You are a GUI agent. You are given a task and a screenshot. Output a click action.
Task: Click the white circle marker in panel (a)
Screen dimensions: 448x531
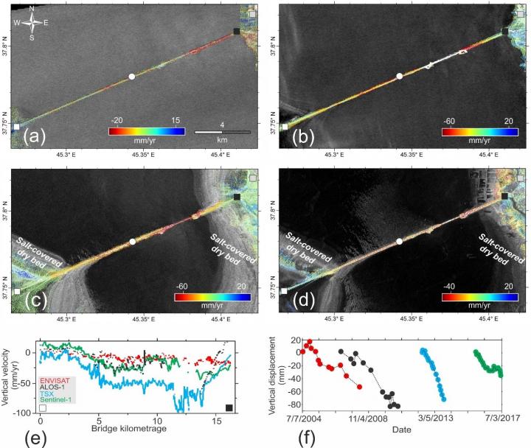point(131,77)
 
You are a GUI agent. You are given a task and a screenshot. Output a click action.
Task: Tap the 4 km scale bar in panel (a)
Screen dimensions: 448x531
point(222,132)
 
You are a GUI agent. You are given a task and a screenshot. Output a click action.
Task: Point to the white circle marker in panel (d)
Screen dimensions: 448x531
point(399,242)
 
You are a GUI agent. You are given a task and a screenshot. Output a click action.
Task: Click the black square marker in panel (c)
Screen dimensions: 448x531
point(237,197)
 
